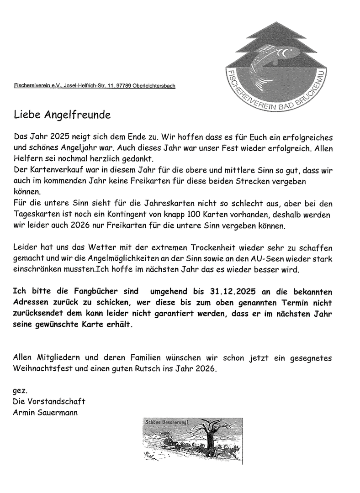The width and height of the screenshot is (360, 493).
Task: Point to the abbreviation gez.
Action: tap(21, 391)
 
